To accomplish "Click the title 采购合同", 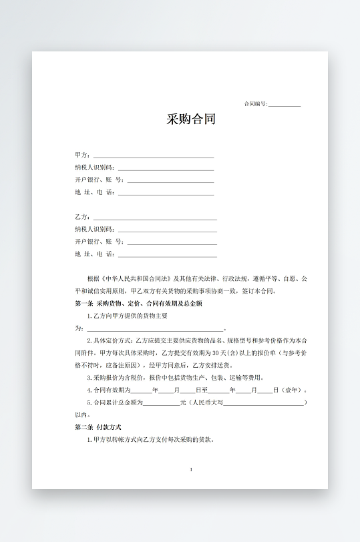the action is point(191,120).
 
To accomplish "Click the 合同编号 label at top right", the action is point(256,103).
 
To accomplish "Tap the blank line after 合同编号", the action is point(285,105).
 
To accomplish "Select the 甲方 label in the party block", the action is point(82,155).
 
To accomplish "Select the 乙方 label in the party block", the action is point(82,217).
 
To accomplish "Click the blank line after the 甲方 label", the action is point(154,157).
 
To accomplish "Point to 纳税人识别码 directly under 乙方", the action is point(95,229).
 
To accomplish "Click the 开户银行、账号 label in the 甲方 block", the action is point(99,180).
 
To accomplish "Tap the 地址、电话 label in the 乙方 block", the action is point(95,254).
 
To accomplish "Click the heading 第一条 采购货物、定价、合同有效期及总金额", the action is point(138,303).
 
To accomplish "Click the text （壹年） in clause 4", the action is point(291,390).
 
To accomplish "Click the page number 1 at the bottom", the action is point(191,470).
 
